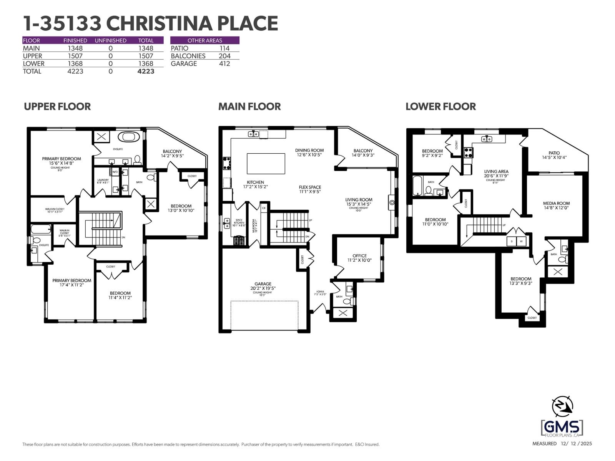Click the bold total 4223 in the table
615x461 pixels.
point(146,71)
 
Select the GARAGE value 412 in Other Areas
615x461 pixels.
point(224,64)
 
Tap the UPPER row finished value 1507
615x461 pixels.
point(75,56)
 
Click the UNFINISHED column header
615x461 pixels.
point(110,40)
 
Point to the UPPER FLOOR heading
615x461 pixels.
point(57,106)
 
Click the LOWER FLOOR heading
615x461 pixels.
point(440,106)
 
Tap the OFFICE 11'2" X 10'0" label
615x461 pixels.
point(359,258)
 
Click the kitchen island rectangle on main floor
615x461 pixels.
point(266,164)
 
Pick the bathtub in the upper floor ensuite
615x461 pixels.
point(129,136)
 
